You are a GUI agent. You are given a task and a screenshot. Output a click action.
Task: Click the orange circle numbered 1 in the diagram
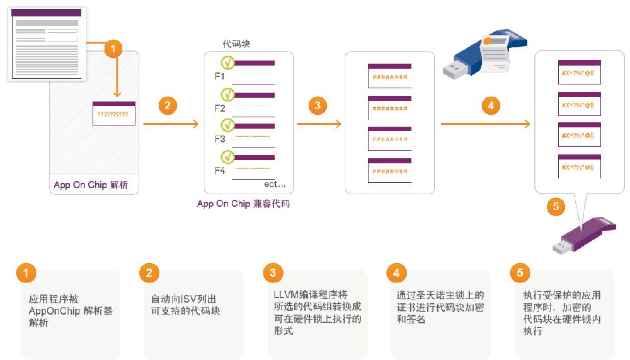[113, 49]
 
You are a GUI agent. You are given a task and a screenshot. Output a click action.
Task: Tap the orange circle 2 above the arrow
[167, 105]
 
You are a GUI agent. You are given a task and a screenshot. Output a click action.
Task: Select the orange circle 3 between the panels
[318, 105]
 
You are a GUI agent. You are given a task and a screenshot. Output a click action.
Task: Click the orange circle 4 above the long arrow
[491, 105]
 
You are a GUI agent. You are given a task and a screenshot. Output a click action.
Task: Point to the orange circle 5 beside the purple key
[555, 207]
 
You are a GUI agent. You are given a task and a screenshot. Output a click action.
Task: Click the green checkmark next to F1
[227, 63]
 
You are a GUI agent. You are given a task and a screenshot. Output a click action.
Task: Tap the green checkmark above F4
[227, 156]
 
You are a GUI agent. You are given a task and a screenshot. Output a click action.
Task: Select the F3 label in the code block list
[220, 139]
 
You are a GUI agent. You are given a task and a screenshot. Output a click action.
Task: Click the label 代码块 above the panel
[237, 44]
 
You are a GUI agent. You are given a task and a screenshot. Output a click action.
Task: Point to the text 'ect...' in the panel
[275, 184]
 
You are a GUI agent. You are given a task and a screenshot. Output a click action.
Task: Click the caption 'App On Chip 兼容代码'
[243, 204]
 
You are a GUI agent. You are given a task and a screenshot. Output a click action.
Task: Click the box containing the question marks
[114, 113]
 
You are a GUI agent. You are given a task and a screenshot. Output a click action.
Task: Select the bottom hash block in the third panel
[389, 170]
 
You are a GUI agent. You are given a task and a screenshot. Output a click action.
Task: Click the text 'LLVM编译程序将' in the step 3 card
[311, 294]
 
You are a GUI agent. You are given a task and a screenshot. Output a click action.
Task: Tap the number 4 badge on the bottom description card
[396, 273]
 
